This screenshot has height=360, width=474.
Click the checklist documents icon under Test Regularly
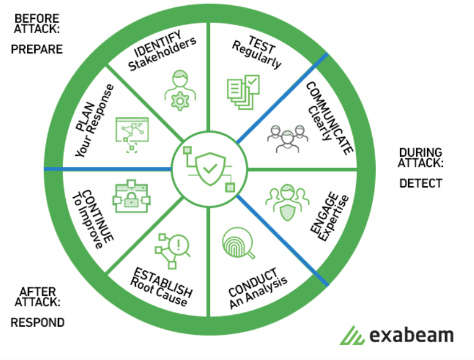(242, 90)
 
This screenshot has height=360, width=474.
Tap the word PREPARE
(37, 49)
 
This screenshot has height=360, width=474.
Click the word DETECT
(421, 183)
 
